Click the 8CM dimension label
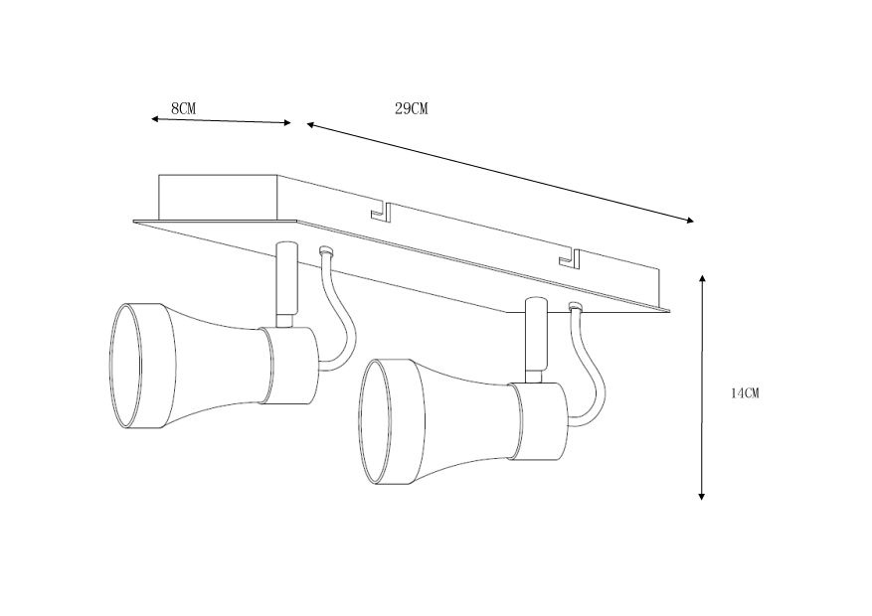click(x=182, y=107)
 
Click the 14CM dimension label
click(x=745, y=393)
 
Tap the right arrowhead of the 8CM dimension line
click(x=288, y=123)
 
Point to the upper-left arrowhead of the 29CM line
click(x=310, y=125)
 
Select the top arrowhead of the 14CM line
click(x=702, y=280)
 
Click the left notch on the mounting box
click(x=381, y=211)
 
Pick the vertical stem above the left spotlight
click(x=285, y=280)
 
